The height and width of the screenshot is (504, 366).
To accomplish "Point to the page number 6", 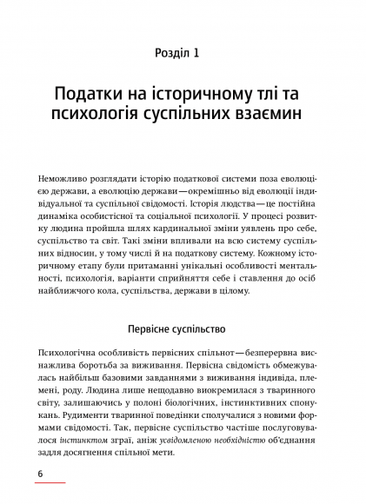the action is tap(40, 473).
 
